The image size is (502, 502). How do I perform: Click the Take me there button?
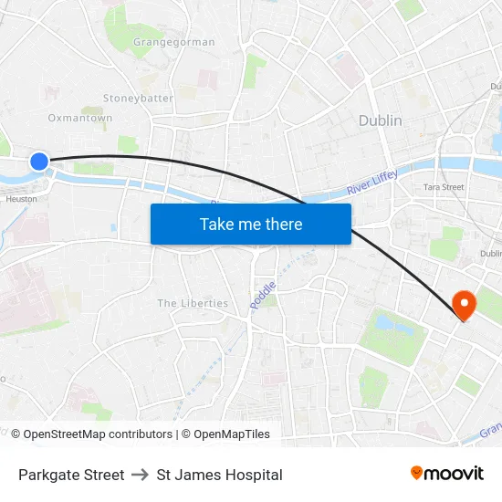point(251,224)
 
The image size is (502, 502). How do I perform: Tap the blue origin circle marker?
point(38,162)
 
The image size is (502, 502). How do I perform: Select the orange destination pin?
point(464,306)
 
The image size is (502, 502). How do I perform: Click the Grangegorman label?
point(173,42)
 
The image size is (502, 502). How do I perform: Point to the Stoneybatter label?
point(138,98)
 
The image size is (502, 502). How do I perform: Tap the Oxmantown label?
point(80,118)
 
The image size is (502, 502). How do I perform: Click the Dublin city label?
point(380,120)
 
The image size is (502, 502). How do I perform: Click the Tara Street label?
point(444,187)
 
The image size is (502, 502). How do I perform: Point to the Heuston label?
point(22,198)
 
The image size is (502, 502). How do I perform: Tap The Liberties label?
point(193,303)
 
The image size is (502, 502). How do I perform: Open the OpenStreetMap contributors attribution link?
point(98,434)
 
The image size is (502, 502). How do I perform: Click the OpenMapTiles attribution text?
point(232,434)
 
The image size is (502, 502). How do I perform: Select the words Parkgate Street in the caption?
point(71,475)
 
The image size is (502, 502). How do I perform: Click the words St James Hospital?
point(219,475)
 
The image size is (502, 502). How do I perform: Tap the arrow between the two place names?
point(141,475)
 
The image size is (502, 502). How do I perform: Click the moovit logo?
point(447,473)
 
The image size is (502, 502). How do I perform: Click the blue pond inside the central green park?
point(384,322)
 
